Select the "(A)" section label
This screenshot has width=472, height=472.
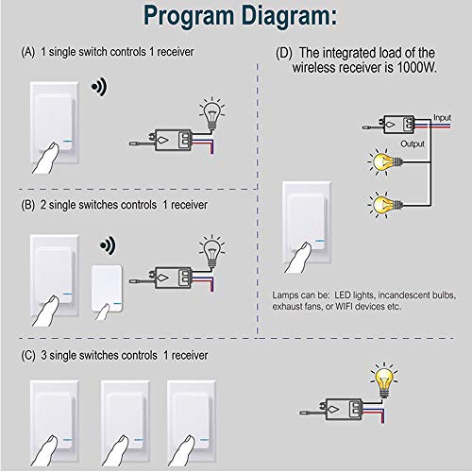click(x=28, y=51)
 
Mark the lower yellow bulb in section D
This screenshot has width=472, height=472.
click(x=381, y=203)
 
